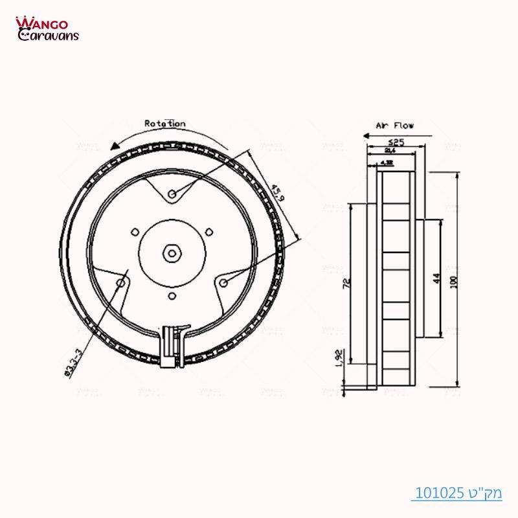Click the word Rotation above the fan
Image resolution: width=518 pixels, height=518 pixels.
pos(164,123)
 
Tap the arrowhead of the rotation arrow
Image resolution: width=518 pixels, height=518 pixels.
pos(115,146)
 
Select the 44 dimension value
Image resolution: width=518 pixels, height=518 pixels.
pos(436,278)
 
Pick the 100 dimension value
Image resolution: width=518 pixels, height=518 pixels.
pos(453,282)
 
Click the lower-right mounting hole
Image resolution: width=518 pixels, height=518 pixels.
pos(223,282)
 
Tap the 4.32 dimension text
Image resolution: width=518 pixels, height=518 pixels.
pos(388,163)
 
